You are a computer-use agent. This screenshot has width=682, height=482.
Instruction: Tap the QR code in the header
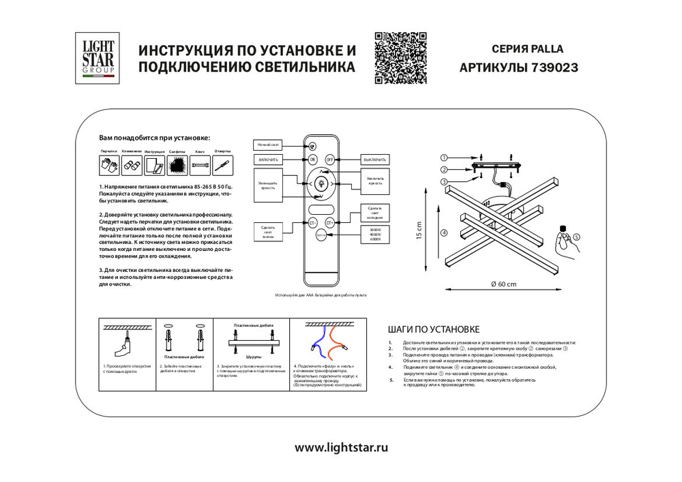(400, 57)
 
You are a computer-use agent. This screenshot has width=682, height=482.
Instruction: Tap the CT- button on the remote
(312, 222)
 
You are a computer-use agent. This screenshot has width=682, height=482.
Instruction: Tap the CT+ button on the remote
(329, 222)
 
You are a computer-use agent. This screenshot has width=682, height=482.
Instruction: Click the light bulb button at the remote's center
(321, 183)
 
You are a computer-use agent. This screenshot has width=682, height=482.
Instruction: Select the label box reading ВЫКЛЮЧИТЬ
(374, 160)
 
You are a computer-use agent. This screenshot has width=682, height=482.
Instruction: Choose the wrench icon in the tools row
(199, 164)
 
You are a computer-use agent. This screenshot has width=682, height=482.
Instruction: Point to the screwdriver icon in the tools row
(222, 164)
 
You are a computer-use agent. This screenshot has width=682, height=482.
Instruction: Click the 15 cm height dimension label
(419, 231)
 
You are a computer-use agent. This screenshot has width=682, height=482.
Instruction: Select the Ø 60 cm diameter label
(503, 284)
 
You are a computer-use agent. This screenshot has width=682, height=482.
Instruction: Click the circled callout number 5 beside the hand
(576, 237)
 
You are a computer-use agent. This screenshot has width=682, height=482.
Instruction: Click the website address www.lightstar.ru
(341, 448)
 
